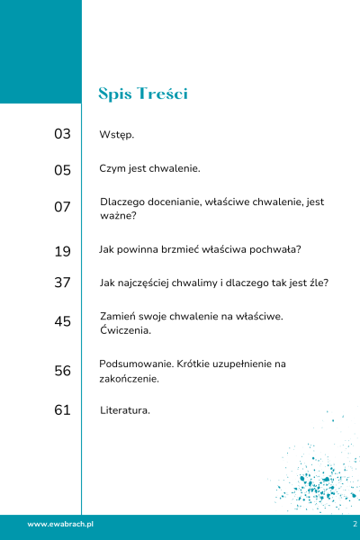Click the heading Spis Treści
coord(143,94)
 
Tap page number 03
coord(62,134)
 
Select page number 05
coord(62,169)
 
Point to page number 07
coord(62,207)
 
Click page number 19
coord(62,251)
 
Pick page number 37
coord(62,283)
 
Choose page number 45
coord(62,321)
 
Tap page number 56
coord(62,371)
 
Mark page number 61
coord(62,410)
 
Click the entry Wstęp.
coord(117,135)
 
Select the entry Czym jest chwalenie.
coord(149,168)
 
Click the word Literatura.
coord(125,410)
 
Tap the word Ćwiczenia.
coord(126,330)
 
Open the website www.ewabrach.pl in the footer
coord(61,524)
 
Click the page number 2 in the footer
coord(355,524)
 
